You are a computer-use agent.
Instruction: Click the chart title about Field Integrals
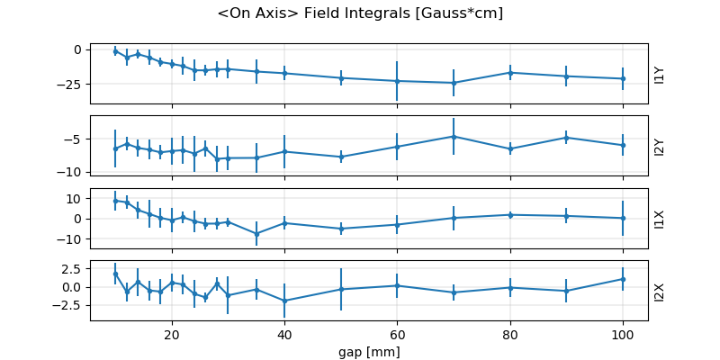(x=360, y=13)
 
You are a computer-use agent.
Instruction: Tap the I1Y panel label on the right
(x=660, y=74)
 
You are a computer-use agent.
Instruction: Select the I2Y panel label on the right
(x=660, y=146)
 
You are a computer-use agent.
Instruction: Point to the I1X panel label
(x=660, y=218)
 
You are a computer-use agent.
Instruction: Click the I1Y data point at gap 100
(x=623, y=78)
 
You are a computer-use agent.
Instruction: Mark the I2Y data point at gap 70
(x=454, y=136)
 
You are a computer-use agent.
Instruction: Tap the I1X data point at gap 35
(x=256, y=233)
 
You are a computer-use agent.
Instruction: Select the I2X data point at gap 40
(x=284, y=301)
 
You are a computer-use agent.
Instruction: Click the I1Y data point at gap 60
(x=397, y=81)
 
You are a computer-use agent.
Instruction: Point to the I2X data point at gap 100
(x=623, y=279)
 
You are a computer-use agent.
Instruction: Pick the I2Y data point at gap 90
(x=566, y=138)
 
